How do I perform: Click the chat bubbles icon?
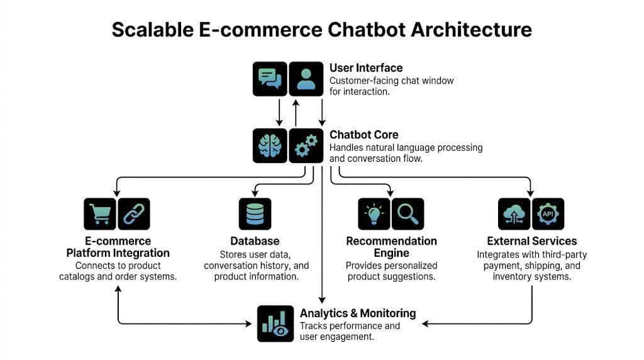tap(270, 79)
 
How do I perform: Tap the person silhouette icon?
tap(306, 79)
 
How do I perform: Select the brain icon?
tap(270, 145)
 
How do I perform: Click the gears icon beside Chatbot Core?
tap(306, 145)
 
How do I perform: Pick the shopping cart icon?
tap(100, 214)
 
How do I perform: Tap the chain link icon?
tap(134, 214)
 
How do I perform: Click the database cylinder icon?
tap(255, 214)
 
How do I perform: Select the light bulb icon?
tap(374, 214)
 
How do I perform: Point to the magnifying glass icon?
tap(408, 214)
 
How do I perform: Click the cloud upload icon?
tap(514, 214)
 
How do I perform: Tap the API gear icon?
tap(548, 214)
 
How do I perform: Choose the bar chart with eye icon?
tap(275, 323)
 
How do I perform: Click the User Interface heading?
tap(366, 68)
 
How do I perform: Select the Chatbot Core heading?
tap(364, 135)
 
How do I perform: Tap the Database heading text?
tap(255, 241)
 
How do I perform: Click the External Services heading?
tap(531, 241)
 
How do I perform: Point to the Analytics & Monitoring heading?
tap(358, 313)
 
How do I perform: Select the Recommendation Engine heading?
tap(391, 247)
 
